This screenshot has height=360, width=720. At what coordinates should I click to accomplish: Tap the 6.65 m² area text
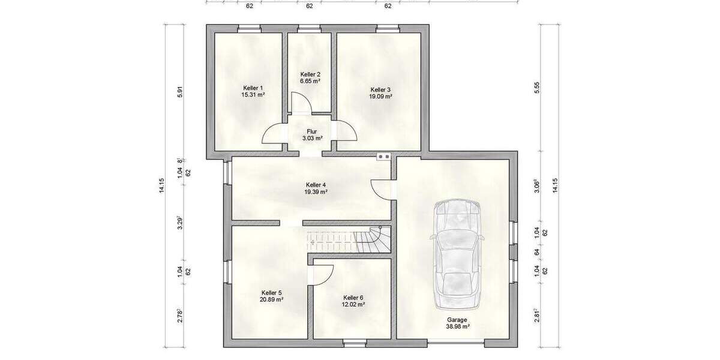tap(310, 81)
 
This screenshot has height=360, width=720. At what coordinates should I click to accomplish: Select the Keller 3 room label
tap(380, 89)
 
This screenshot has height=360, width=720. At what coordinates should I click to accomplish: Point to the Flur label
tap(311, 131)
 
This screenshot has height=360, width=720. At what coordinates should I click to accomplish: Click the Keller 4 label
tap(316, 185)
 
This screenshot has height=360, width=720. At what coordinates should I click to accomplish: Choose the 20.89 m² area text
tap(272, 299)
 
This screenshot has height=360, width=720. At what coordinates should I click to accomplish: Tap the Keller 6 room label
tap(353, 298)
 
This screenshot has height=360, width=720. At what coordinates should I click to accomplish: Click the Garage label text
tap(457, 320)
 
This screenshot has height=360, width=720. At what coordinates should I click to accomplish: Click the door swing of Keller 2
tap(301, 103)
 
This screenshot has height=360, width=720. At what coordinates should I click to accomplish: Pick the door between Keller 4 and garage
tap(382, 189)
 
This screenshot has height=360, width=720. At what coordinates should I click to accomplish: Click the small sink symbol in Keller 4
tap(383, 157)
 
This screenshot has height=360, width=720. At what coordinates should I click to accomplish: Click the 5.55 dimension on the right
tap(538, 88)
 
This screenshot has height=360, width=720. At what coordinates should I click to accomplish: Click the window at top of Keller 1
tap(248, 28)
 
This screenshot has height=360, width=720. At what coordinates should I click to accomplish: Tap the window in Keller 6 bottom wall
tap(354, 343)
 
